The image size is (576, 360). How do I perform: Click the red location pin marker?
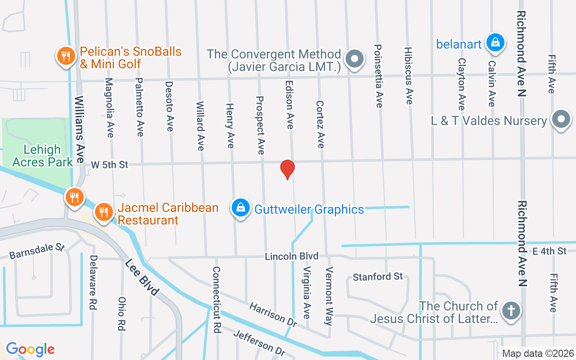[288, 169]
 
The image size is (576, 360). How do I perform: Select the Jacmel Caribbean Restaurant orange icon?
[104, 211]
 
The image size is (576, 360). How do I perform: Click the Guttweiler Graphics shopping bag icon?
[241, 208]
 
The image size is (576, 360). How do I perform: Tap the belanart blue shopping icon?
[495, 43]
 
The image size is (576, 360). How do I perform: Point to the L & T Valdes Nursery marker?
[561, 119]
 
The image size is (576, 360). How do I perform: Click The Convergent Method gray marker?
[354, 59]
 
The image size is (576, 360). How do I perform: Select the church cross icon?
[511, 310]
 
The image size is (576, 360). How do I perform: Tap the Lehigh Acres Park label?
[42, 156]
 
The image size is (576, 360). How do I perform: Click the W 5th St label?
[109, 165]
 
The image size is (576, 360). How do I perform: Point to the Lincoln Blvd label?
[292, 256]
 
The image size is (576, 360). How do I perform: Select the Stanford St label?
[378, 276]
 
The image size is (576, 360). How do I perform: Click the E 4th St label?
[549, 251]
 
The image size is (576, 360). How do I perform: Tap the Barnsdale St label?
[37, 252]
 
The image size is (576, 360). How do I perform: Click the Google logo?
[30, 349]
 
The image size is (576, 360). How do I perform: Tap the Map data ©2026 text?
[538, 354]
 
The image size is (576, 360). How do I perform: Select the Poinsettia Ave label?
[378, 76]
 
